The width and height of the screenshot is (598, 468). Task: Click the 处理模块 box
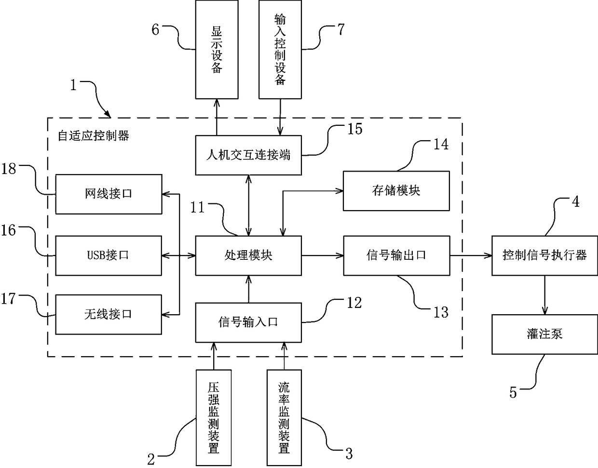pos(248,255)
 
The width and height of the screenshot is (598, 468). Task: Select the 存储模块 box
pos(396,191)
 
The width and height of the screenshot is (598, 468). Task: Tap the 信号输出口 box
pos(396,255)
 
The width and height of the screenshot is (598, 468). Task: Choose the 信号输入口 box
pos(248,322)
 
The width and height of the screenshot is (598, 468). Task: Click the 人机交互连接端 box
pos(248,155)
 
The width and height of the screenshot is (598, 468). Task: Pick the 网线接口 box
pos(109,194)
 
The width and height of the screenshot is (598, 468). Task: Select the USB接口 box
pos(109,255)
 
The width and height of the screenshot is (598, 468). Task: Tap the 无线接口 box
pos(109,315)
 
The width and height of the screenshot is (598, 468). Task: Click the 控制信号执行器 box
pos(544,255)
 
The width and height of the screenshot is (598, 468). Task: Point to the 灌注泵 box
pos(544,334)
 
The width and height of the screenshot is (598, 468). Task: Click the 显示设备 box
pos(217,50)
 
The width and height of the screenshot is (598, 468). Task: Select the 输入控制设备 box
pos(280,50)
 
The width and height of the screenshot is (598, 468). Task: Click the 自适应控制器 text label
pos(93,135)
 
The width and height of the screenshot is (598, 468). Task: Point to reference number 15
pos(355,129)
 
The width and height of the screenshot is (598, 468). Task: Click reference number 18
pos(9,169)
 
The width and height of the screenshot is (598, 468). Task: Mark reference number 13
pos(441,312)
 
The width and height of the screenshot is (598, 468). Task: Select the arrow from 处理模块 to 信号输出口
pos(323,255)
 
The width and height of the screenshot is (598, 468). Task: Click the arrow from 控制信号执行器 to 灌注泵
pos(544,295)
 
